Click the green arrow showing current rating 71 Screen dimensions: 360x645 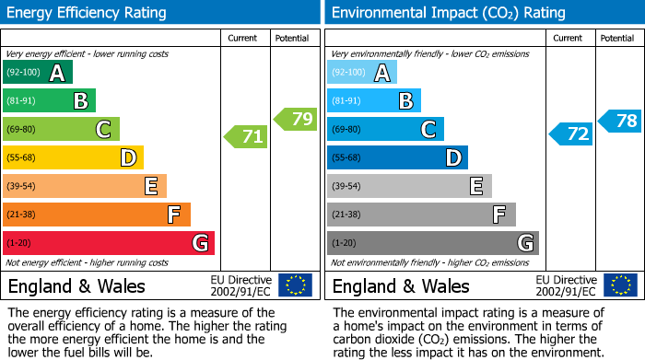[246, 137]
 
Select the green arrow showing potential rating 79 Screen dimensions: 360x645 [296, 119]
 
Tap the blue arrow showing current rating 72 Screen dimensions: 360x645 [571, 134]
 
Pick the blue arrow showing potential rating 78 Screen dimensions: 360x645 [620, 121]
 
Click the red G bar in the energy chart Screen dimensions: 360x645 [109, 243]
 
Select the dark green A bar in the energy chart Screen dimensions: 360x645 [37, 73]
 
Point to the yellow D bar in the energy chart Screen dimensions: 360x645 [73, 157]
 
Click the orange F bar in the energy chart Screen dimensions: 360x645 [97, 215]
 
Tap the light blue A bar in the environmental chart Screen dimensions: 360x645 [361, 73]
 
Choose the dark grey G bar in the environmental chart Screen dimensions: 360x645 [432, 243]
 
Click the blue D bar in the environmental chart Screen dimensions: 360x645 [397, 157]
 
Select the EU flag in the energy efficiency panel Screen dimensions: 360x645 [296, 285]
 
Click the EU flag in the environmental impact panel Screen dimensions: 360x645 [620, 285]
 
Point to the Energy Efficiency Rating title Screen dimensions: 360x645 [88, 13]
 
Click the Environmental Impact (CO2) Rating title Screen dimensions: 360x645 [448, 13]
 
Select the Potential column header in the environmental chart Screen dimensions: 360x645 [617, 38]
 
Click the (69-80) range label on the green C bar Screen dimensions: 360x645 [22, 130]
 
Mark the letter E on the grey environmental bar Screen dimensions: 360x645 [476, 186]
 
